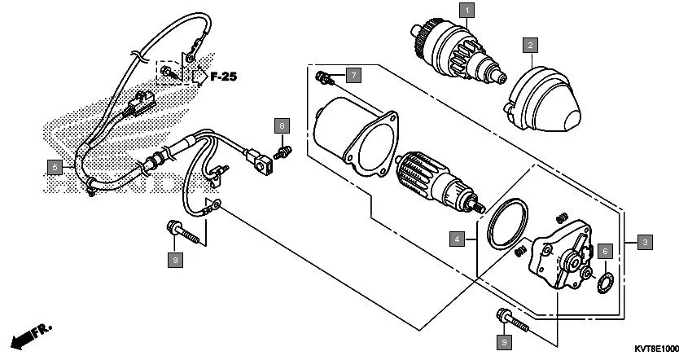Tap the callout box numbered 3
click(x=644, y=242)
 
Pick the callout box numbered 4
click(x=459, y=239)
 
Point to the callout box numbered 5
click(x=54, y=168)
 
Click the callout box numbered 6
click(x=604, y=252)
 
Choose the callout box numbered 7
click(x=353, y=75)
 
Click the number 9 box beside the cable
click(x=175, y=260)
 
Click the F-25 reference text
click(x=224, y=77)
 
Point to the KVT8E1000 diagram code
click(x=655, y=349)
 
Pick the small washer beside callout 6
click(x=604, y=283)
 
